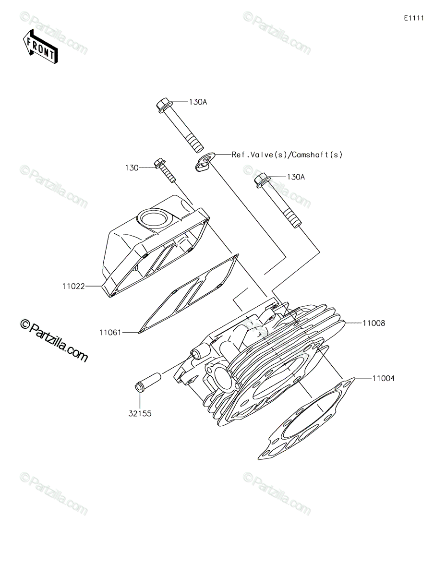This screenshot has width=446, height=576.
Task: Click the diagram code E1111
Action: point(414,18)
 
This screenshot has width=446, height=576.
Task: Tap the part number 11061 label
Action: point(110,332)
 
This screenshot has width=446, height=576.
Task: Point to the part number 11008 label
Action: point(374,323)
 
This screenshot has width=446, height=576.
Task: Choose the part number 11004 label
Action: point(383,378)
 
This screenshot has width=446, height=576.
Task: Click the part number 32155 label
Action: point(140,413)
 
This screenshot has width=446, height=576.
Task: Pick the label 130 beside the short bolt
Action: point(132,168)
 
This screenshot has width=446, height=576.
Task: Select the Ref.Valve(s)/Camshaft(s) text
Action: point(287,155)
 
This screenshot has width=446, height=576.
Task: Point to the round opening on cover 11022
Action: point(154,218)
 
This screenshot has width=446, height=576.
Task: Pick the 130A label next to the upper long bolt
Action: point(198,102)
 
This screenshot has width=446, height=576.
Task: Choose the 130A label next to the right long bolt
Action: point(296,177)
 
